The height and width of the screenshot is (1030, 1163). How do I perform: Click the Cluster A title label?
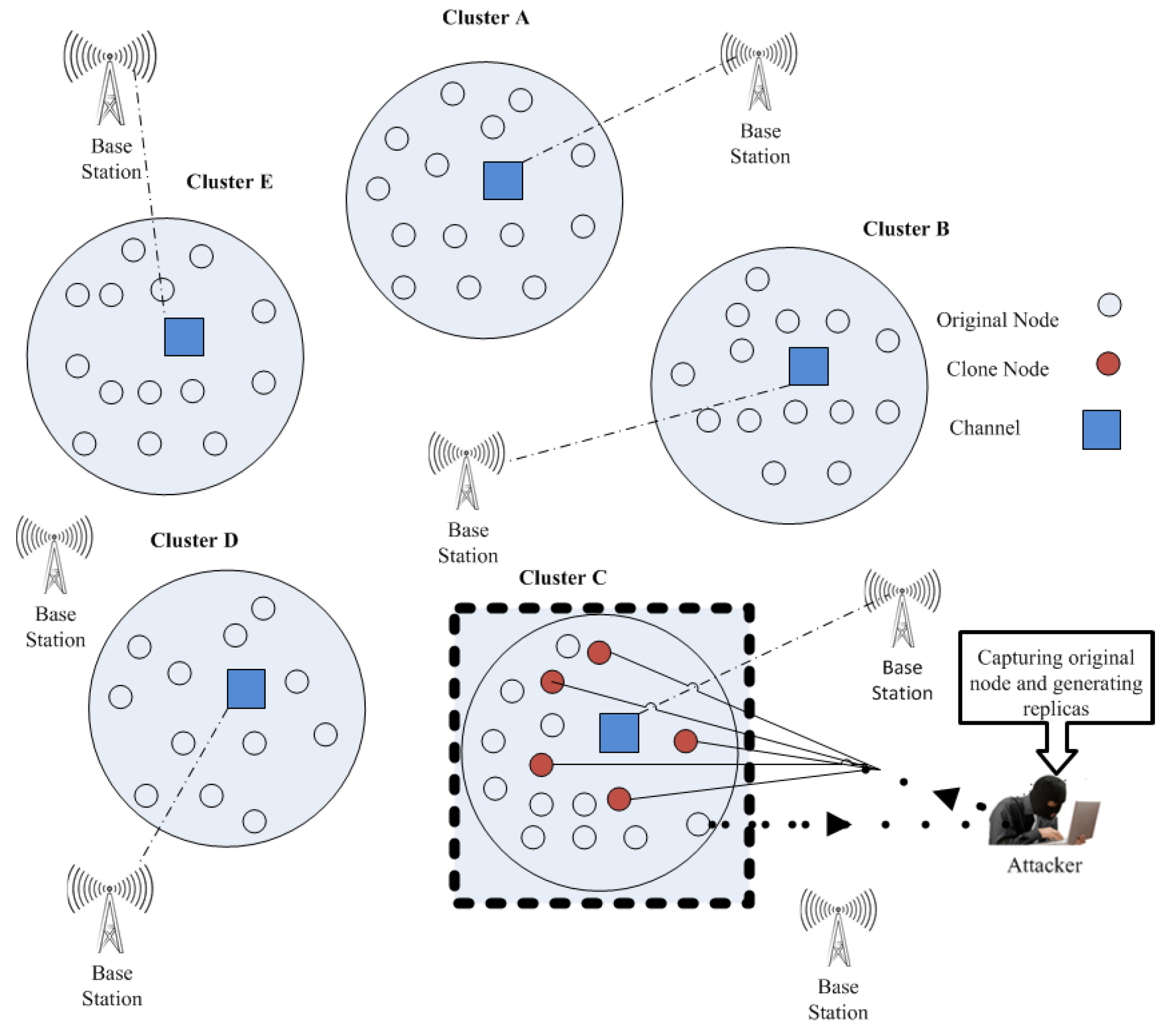[485, 18]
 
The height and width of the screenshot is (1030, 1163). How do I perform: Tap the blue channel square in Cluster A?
[502, 181]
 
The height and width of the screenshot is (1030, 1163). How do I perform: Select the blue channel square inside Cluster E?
[184, 337]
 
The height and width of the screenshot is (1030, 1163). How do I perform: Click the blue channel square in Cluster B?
[808, 366]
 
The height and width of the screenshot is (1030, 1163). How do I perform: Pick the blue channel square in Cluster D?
[246, 688]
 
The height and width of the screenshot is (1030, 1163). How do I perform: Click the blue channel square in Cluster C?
[619, 733]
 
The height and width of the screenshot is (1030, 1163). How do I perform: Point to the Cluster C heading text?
[562, 577]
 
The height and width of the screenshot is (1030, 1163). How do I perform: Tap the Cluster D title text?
[194, 540]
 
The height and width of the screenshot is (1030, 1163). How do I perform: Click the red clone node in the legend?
[1108, 363]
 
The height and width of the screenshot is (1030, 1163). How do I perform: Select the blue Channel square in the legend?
[1101, 430]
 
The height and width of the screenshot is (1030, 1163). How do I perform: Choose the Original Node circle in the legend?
[1109, 305]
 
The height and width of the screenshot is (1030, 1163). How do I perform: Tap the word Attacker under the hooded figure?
[1044, 866]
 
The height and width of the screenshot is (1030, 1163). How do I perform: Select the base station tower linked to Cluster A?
[759, 75]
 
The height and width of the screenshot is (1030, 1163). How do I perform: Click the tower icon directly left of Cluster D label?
[55, 558]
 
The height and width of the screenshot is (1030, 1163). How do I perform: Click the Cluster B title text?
[905, 229]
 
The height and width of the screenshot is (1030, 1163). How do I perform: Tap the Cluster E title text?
[229, 182]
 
